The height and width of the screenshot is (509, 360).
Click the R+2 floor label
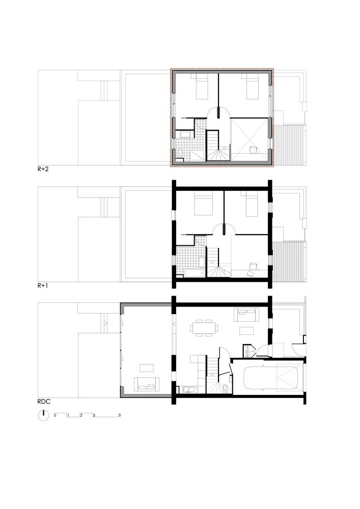[x=43, y=169]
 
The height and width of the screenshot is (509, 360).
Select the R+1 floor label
[x=43, y=286]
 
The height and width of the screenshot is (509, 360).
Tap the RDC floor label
[x=44, y=402]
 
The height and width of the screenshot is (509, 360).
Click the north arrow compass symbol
[x=43, y=415]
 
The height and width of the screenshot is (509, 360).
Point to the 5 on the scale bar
[x=120, y=415]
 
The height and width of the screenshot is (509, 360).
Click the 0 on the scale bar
[x=55, y=415]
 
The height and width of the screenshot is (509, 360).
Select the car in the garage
[x=270, y=378]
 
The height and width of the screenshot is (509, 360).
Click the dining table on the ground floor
[x=204, y=328]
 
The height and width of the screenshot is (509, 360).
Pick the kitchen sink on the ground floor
[x=189, y=389]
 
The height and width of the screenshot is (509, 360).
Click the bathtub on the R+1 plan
[x=194, y=273]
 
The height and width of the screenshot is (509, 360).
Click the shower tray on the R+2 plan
[x=197, y=156]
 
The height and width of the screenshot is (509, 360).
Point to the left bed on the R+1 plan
[x=203, y=203]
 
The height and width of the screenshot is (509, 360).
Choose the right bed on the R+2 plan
[x=252, y=87]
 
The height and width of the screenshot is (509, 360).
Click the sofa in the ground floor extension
[x=147, y=384]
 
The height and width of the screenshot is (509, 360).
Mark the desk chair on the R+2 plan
[x=252, y=150]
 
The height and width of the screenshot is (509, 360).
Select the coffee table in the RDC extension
[x=147, y=368]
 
